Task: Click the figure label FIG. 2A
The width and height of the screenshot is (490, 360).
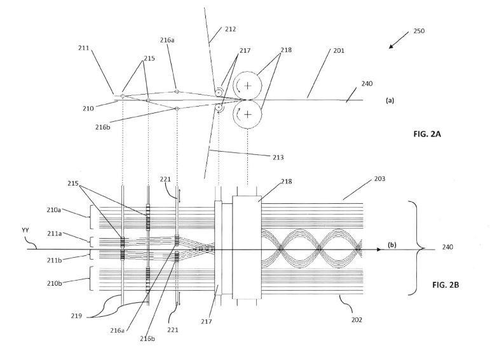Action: [427, 134]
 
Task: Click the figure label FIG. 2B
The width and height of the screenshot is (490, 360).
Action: [446, 284]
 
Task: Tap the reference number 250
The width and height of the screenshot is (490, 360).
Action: [419, 31]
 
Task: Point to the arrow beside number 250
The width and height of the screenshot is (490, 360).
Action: [398, 39]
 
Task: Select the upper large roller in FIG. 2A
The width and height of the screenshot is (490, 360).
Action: [247, 86]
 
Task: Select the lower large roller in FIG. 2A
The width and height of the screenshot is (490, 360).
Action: [247, 114]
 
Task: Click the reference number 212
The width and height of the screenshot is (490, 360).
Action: [230, 29]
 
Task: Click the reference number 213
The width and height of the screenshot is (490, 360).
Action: [278, 157]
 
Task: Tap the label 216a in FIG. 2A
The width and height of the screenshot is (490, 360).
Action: [167, 40]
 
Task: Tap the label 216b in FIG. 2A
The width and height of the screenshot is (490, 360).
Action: [103, 127]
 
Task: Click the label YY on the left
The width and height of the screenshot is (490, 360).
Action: [25, 230]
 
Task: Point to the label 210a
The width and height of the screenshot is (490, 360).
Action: [54, 210]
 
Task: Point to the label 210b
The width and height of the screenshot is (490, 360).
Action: [55, 283]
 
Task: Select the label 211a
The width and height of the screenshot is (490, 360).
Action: [55, 233]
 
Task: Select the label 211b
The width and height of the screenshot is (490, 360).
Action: [55, 260]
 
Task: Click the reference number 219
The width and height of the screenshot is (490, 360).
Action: [76, 316]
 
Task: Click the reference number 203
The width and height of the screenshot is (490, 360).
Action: [379, 178]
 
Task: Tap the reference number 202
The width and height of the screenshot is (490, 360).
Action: [357, 320]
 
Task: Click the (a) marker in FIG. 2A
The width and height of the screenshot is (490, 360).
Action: [390, 100]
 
